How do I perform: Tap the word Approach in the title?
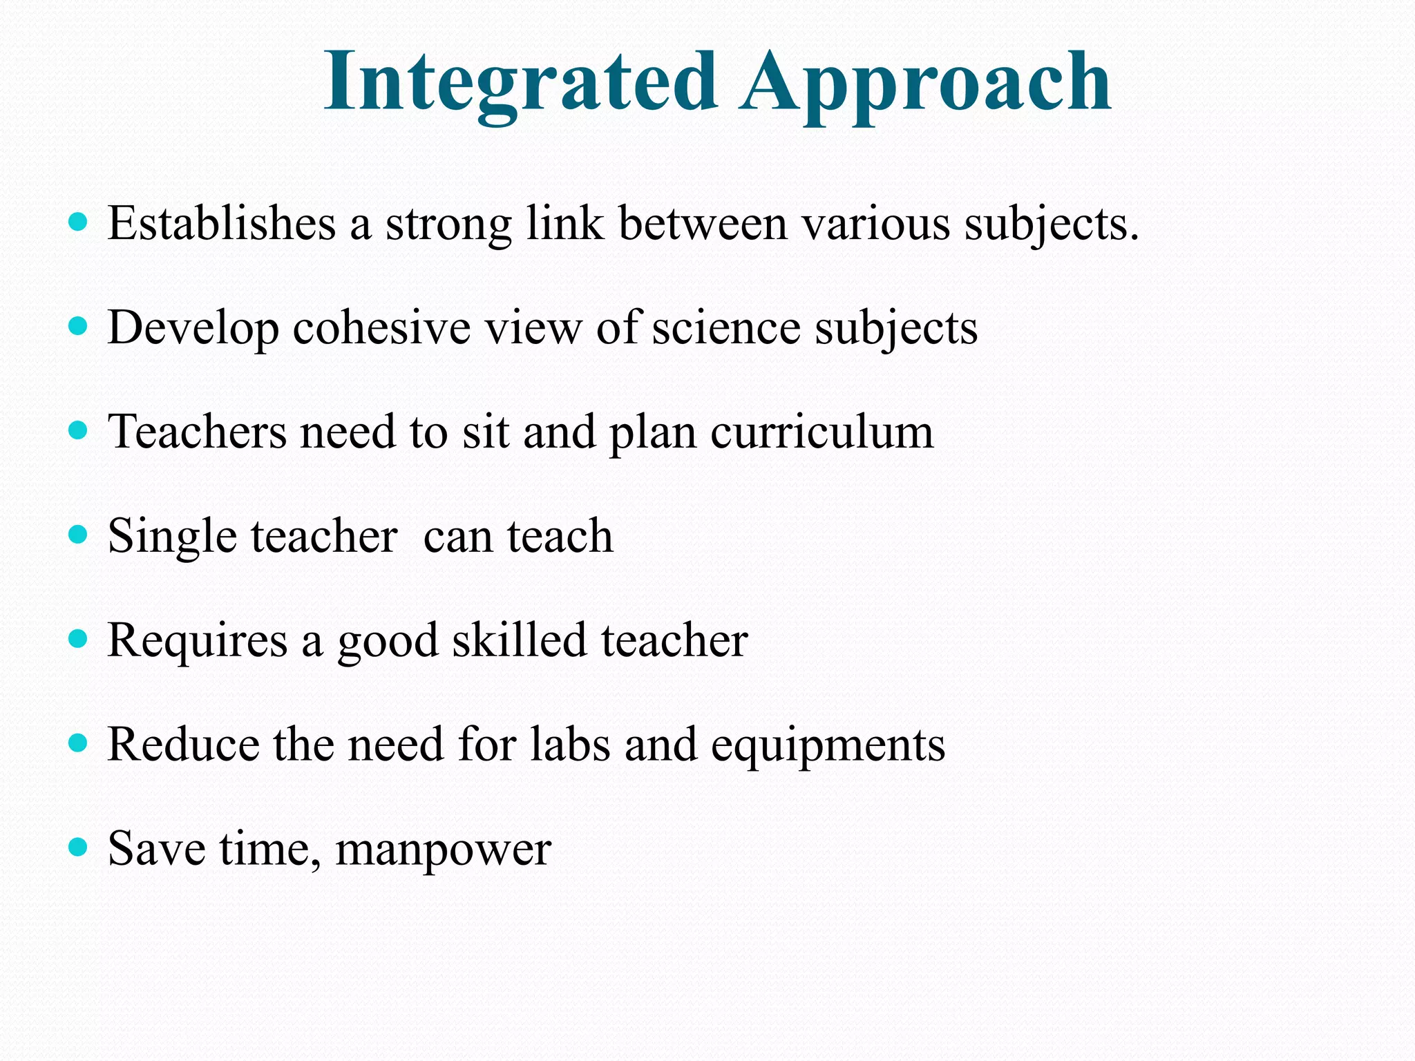pyautogui.click(x=925, y=83)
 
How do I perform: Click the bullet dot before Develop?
pyautogui.click(x=79, y=326)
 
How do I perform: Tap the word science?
pyautogui.click(x=726, y=327)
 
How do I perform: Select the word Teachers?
pyautogui.click(x=197, y=432)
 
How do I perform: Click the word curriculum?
pyautogui.click(x=822, y=432)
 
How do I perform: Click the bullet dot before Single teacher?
pyautogui.click(x=79, y=535)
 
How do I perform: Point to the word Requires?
pyautogui.click(x=198, y=640)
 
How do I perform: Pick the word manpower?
pyautogui.click(x=443, y=850)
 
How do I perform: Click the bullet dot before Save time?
pyautogui.click(x=79, y=847)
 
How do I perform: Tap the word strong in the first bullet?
pyautogui.click(x=448, y=224)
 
